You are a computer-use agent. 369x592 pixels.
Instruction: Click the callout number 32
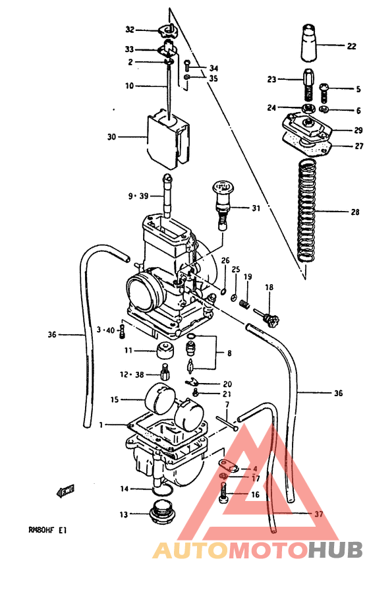(130, 30)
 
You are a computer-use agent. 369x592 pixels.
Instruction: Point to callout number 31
(255, 208)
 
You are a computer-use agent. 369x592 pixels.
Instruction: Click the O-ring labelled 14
(160, 489)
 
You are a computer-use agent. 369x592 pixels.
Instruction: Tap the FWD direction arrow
(66, 491)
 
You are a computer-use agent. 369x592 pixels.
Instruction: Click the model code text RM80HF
(40, 529)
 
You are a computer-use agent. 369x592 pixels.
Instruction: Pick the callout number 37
(319, 514)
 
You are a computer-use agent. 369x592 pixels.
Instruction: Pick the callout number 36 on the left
(53, 335)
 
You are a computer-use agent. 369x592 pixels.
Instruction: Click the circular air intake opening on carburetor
(144, 290)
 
